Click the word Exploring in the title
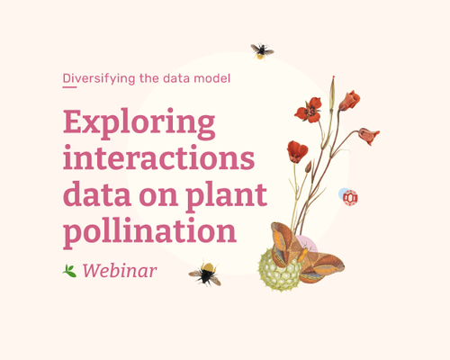[139, 124]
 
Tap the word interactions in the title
[158, 157]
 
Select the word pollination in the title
[149, 231]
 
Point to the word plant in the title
[226, 195]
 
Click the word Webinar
[120, 270]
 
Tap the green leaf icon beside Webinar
[69, 271]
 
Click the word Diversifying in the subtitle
[99, 78]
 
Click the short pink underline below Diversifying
[69, 87]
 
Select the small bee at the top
[262, 51]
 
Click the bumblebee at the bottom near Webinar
[205, 273]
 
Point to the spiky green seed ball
[280, 270]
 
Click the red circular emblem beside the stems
[350, 198]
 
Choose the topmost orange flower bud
[349, 101]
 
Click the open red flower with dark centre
[309, 110]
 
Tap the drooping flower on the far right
[369, 136]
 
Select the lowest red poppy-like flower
[297, 151]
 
